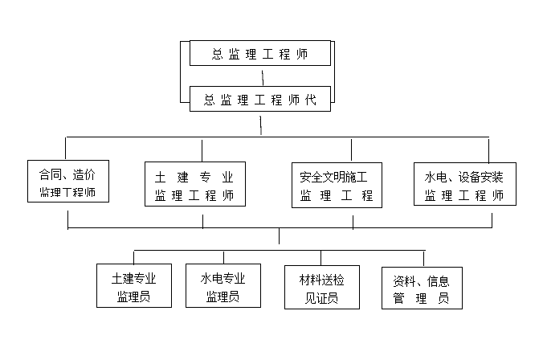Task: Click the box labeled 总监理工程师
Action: pos(259,54)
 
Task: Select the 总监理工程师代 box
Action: pos(259,100)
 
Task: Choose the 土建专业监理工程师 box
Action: pos(194,184)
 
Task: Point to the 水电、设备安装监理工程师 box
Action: pos(465,184)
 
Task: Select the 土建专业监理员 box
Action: pos(134,287)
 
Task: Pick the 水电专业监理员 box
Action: pos(223,287)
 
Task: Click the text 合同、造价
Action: pos(67,173)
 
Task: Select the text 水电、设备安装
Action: pos(464,175)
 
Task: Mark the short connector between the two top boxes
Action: pos(263,76)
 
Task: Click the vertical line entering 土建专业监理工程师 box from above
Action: pos(202,149)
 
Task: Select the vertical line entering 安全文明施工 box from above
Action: pos(351,149)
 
